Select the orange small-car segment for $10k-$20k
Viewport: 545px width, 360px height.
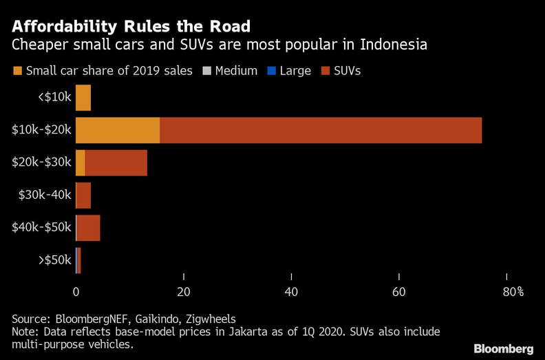tap(118, 130)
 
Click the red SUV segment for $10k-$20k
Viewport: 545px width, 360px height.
tap(321, 130)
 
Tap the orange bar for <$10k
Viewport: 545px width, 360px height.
tap(83, 98)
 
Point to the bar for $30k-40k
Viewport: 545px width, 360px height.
tap(83, 195)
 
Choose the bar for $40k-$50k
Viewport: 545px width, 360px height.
tap(88, 228)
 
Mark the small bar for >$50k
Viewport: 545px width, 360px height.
tap(78, 260)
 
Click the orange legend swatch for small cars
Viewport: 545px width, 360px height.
tap(17, 71)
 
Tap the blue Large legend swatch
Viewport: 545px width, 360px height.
tap(271, 71)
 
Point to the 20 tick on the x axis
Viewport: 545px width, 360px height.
tap(183, 292)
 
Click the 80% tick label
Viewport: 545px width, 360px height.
tap(513, 292)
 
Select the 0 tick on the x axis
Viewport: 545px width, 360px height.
tap(76, 292)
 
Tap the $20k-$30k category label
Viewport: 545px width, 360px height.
tap(41, 162)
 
